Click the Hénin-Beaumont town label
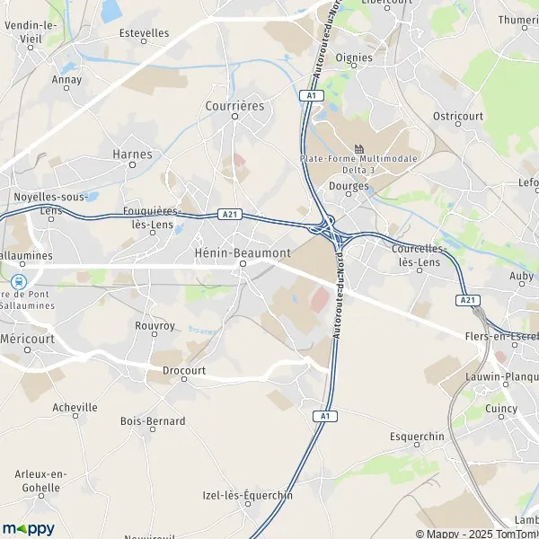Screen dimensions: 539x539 click(243, 253)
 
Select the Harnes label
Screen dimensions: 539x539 click(132, 154)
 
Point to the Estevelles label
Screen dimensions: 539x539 click(144, 32)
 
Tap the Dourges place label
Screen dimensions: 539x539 click(349, 186)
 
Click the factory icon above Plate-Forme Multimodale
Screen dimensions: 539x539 click(359, 148)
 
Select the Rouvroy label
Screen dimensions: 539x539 click(154, 325)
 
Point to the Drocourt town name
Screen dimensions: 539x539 click(184, 369)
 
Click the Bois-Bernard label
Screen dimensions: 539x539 click(153, 420)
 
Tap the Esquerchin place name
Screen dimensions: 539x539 click(418, 437)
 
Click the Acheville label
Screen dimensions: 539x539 click(75, 407)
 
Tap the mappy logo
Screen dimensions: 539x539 click(28, 528)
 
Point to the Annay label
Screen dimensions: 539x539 click(66, 79)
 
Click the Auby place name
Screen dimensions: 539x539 click(521, 276)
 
